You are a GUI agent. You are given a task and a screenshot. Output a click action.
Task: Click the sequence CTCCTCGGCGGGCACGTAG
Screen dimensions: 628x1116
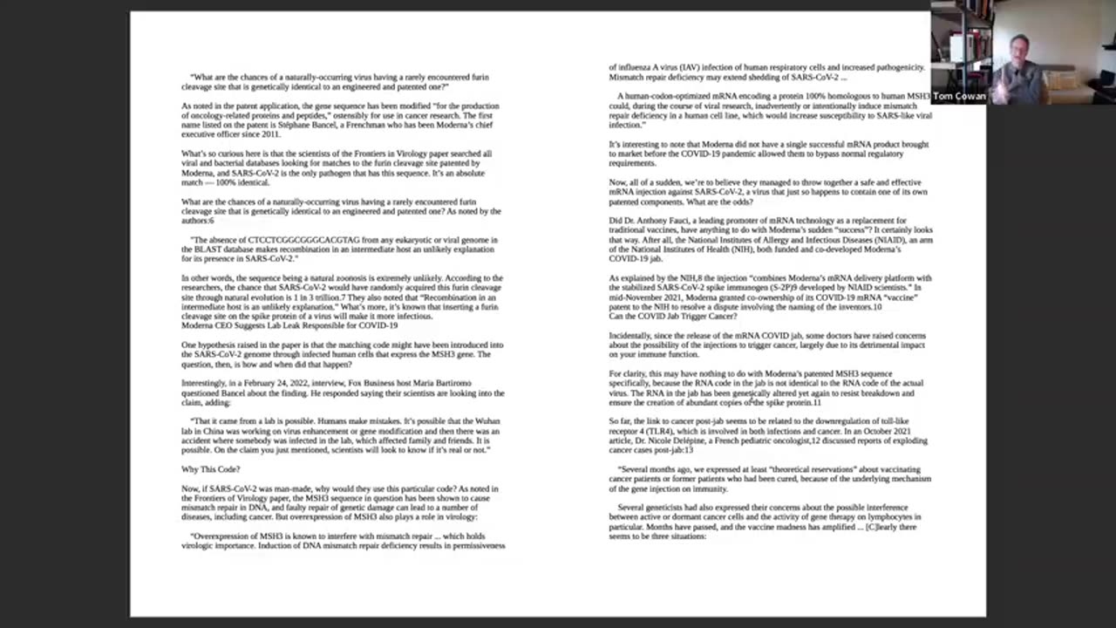point(296,240)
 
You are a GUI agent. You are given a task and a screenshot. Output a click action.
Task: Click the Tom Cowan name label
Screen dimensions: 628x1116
point(959,97)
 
